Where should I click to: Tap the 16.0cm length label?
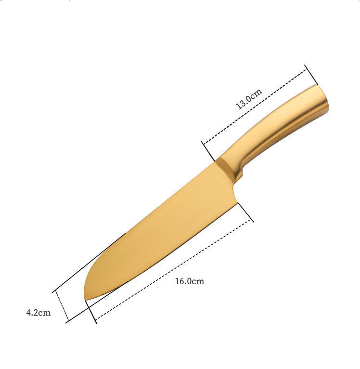(x=189, y=281)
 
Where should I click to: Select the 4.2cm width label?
(x=38, y=313)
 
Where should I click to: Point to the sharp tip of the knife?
(x=86, y=300)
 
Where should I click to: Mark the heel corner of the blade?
(x=237, y=204)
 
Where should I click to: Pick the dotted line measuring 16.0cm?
(x=173, y=270)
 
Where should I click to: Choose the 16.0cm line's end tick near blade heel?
(x=246, y=212)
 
